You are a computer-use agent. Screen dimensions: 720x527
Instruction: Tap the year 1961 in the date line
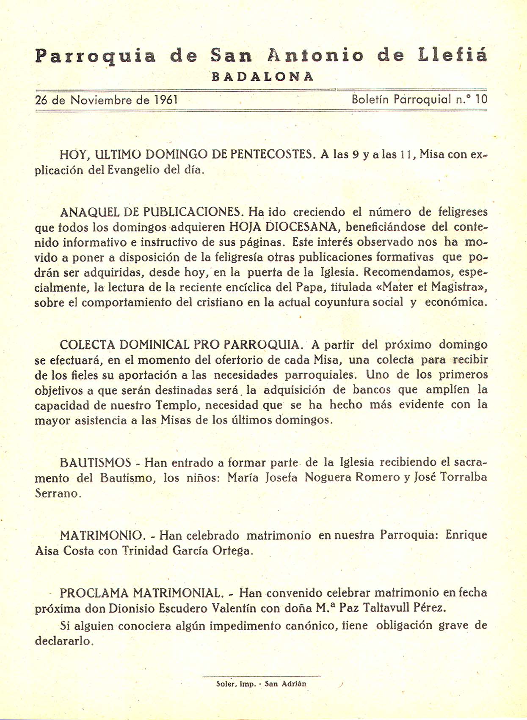(x=166, y=100)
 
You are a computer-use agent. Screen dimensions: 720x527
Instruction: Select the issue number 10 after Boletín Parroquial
(x=481, y=99)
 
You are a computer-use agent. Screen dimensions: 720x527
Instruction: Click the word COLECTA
(x=87, y=345)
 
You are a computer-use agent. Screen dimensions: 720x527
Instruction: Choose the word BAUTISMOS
(x=96, y=462)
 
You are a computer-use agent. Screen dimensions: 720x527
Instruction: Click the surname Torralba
(x=464, y=477)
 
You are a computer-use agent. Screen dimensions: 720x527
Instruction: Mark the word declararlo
(x=63, y=641)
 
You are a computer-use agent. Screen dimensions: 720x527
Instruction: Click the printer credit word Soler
(x=224, y=684)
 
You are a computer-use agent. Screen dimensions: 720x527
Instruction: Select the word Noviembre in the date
(x=101, y=100)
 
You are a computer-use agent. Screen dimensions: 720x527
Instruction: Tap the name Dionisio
(x=132, y=608)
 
